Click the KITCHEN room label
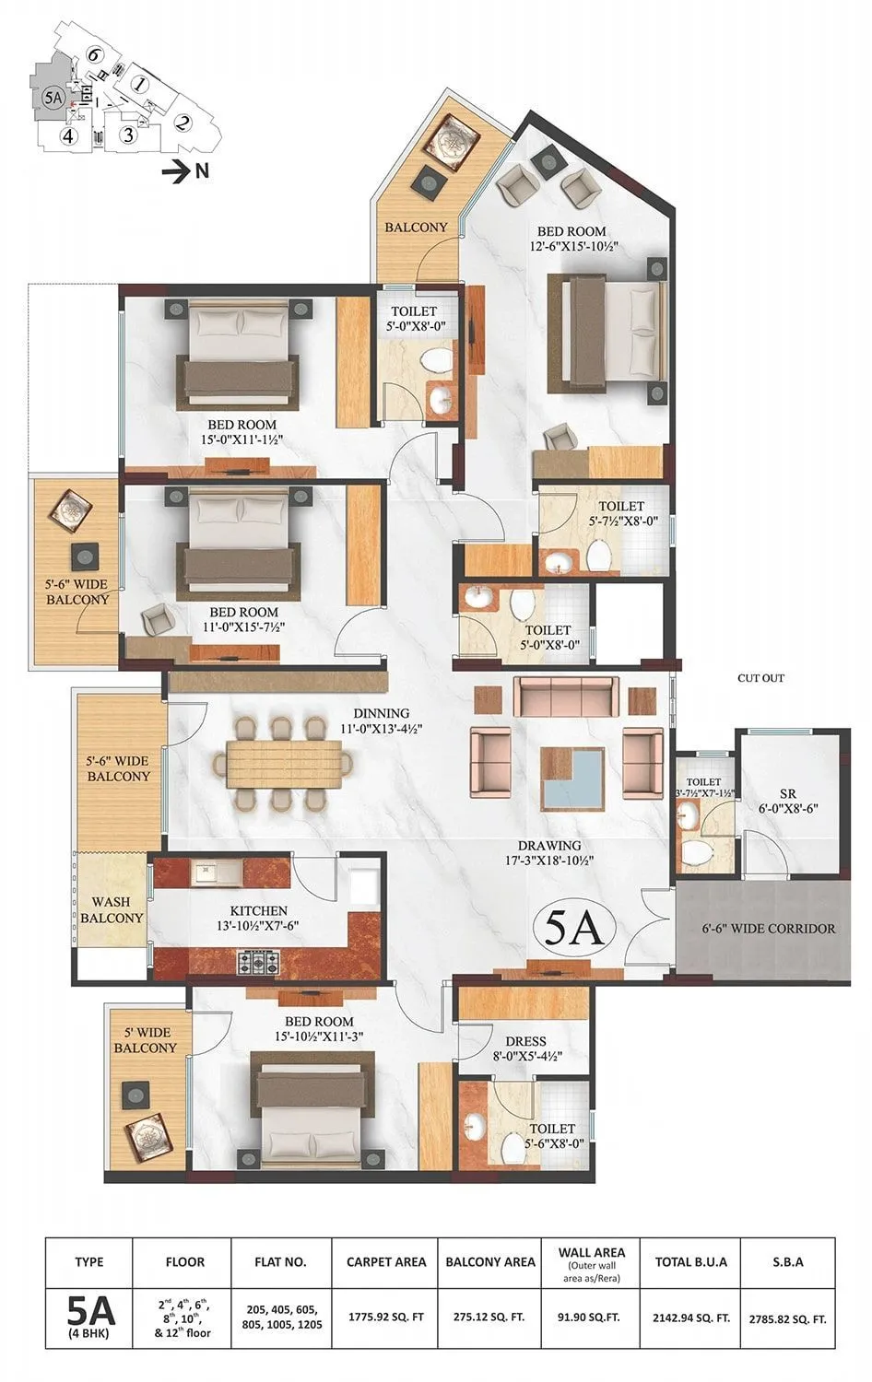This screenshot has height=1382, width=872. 258,910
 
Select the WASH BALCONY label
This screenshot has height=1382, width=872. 112,909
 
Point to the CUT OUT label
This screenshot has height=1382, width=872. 760,678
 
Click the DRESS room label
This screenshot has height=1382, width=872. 525,1041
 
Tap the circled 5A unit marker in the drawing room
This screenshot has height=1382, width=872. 572,931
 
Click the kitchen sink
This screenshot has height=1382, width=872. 205,872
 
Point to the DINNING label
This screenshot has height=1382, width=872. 381,713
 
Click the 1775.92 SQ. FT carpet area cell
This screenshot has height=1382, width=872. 386,1318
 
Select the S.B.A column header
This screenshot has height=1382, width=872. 788,1261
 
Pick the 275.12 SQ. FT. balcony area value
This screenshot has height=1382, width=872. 489,1318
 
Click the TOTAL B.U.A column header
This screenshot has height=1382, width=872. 690,1261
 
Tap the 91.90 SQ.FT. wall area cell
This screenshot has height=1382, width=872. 591,1318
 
